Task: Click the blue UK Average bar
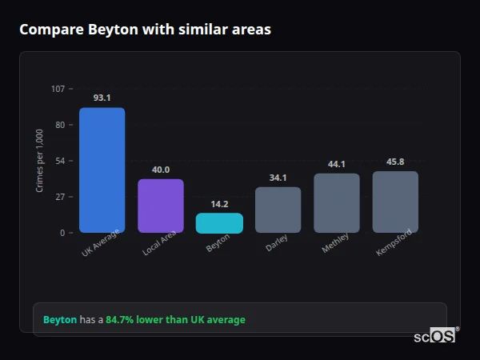[x=102, y=170]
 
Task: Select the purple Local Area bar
[x=161, y=206]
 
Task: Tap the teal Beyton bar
[x=219, y=223]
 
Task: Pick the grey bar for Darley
[x=278, y=210]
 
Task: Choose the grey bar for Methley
[x=337, y=203]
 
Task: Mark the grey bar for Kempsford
[x=395, y=202]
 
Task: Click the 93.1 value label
[x=102, y=98]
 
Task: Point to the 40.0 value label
[x=161, y=170]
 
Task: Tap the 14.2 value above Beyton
[x=219, y=204]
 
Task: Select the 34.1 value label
[x=278, y=178]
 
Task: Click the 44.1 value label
[x=337, y=164]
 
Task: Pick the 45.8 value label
[x=395, y=162]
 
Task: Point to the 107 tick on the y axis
[x=58, y=89]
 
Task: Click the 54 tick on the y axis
[x=60, y=161]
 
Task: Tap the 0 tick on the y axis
[x=62, y=233]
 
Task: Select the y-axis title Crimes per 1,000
[x=40, y=161]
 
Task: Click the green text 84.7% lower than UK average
[x=175, y=320]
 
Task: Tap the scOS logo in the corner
[x=434, y=336]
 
